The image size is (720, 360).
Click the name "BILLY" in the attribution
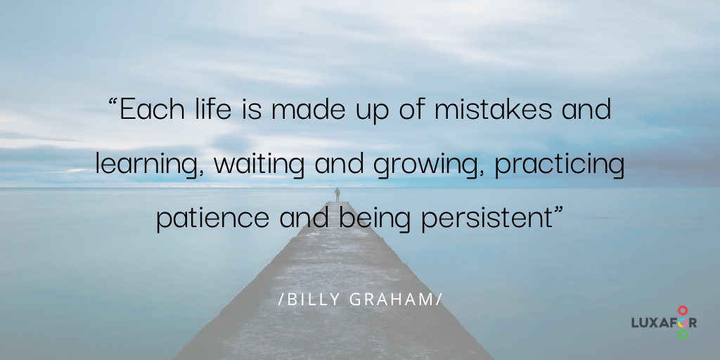[x=310, y=299]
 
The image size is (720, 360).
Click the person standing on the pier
[x=337, y=194]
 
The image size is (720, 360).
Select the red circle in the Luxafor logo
[x=682, y=309]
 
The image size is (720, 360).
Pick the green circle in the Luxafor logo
[x=682, y=335]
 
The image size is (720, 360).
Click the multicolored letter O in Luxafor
[x=682, y=322]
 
